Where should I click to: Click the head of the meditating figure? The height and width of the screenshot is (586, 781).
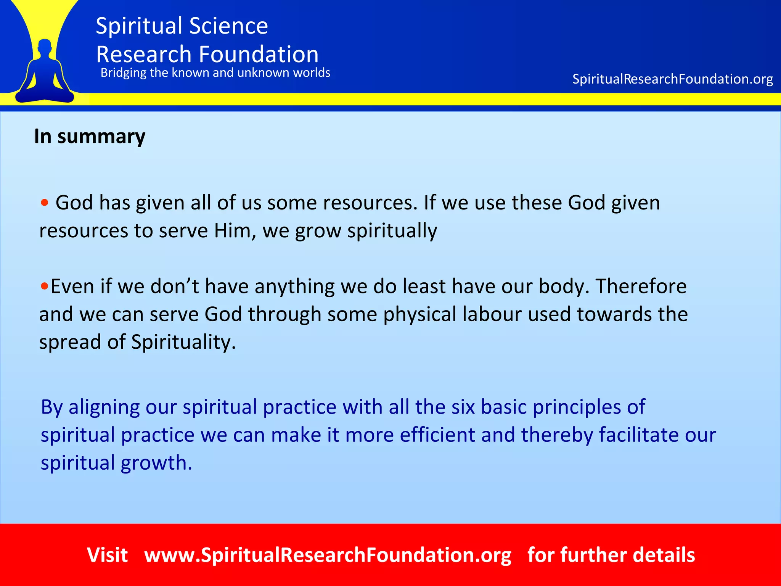pyautogui.click(x=45, y=47)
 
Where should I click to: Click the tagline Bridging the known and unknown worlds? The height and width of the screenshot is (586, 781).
pyautogui.click(x=215, y=72)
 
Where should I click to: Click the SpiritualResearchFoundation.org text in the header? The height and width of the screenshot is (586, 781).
pyautogui.click(x=672, y=79)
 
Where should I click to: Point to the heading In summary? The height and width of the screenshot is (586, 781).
pyautogui.click(x=90, y=136)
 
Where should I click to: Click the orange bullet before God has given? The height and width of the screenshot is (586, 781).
pyautogui.click(x=45, y=202)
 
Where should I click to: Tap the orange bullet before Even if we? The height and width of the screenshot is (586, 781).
pyautogui.click(x=45, y=286)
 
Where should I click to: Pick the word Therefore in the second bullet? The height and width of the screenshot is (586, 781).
pyautogui.click(x=641, y=286)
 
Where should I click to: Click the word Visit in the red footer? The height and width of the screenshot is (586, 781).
pyautogui.click(x=107, y=555)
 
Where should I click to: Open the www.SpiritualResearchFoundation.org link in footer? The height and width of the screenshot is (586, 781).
pyautogui.click(x=328, y=555)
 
